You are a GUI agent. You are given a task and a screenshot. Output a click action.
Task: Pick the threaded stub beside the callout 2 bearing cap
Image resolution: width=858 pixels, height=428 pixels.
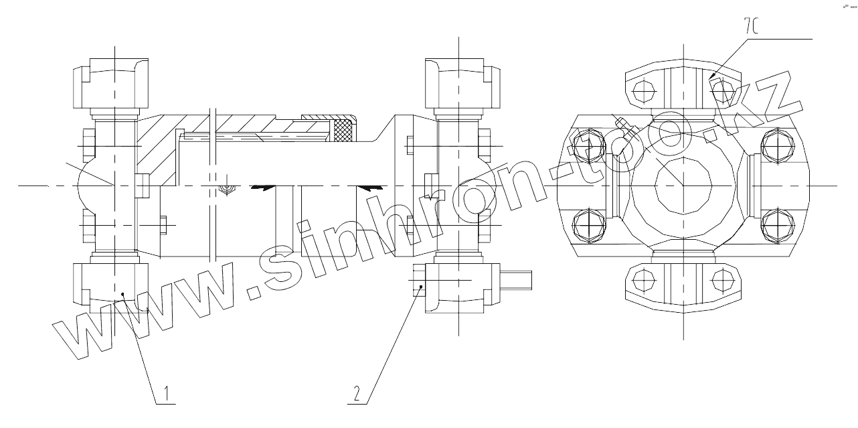pos(517,280)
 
